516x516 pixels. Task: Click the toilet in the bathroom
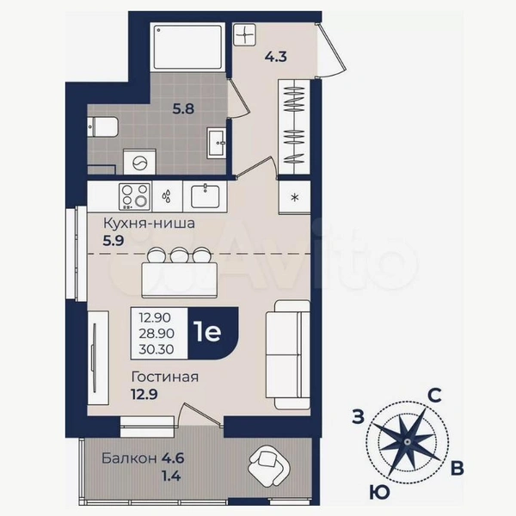tap(102, 126)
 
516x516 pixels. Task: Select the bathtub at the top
tap(187, 46)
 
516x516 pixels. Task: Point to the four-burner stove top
tap(135, 196)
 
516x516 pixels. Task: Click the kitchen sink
tap(205, 196)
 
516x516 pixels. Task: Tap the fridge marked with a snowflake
tap(295, 198)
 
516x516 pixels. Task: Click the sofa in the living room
tap(288, 354)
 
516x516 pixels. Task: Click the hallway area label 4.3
tap(276, 57)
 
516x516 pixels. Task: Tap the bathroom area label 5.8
tap(184, 108)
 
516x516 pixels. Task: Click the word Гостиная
tap(165, 378)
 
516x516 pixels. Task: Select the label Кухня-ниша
tap(149, 224)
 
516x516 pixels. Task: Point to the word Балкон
tap(129, 458)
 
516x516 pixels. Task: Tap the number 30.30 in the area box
tap(157, 349)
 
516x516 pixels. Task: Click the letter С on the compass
tap(434, 396)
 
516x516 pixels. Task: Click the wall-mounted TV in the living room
tap(95, 358)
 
